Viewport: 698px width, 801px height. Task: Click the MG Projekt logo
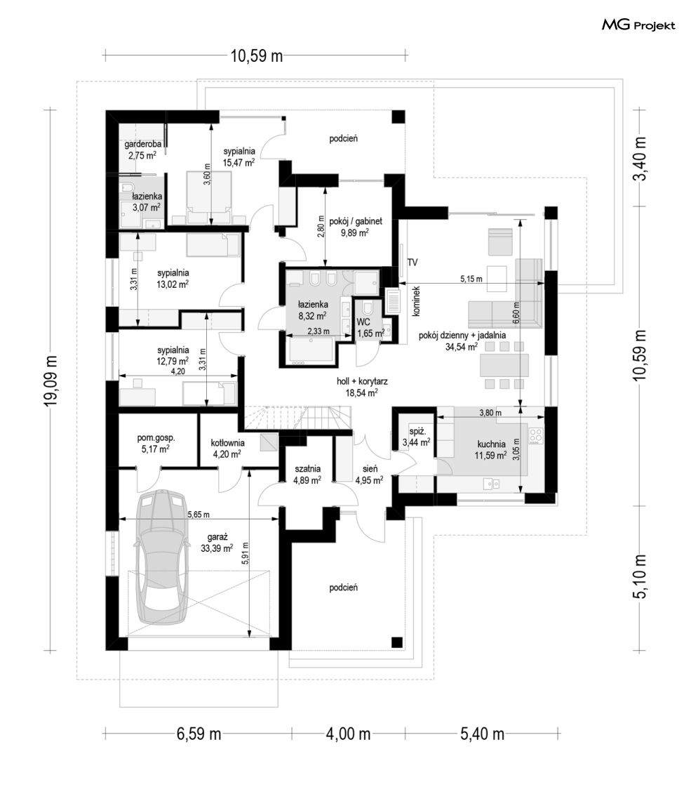coord(638,25)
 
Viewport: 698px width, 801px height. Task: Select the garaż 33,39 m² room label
coord(217,543)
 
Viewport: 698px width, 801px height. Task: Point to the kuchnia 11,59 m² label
coord(490,449)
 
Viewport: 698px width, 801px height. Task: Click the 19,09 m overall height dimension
coord(51,380)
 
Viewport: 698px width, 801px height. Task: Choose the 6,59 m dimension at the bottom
coord(199,734)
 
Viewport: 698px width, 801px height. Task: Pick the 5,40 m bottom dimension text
coord(482,734)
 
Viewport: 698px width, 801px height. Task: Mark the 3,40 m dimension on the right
coord(639,159)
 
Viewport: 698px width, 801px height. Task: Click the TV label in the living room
coord(412,262)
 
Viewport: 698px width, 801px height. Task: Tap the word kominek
coord(415,300)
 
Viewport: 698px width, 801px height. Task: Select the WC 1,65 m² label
coord(370,328)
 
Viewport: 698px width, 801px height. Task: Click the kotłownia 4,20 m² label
coord(228,448)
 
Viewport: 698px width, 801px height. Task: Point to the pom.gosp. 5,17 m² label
coord(156,444)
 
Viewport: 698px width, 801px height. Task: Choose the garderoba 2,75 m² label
coord(142,150)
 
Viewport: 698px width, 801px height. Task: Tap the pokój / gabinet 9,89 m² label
coord(356,227)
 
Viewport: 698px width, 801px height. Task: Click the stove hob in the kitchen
coord(536,435)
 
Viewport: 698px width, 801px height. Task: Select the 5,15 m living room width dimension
coord(470,279)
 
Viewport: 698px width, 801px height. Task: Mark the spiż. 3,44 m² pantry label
coord(416,437)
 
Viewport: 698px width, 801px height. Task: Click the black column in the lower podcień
coord(397,642)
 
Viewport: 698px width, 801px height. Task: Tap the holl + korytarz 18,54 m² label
coord(362,387)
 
